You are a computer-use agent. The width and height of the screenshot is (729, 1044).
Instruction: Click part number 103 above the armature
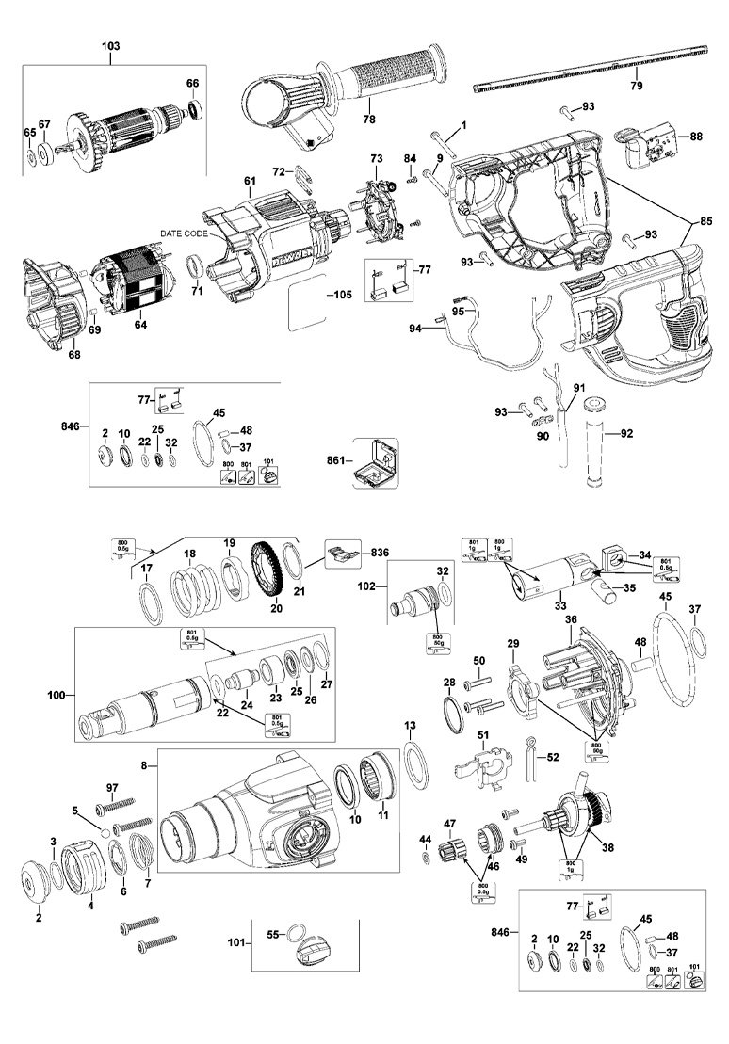(110, 45)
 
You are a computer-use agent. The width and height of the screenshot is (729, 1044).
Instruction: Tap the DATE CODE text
(182, 233)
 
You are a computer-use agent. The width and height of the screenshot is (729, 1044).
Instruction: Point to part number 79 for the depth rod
(636, 86)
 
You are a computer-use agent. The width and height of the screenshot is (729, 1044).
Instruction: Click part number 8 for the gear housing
(143, 768)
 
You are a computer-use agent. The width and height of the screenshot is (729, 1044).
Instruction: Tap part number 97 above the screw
(112, 786)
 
